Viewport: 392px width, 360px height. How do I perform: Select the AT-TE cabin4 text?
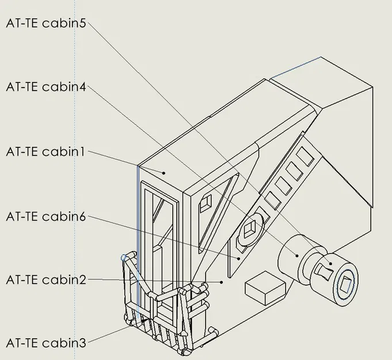[x=46, y=87]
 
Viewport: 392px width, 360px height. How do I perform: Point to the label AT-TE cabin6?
[x=46, y=217]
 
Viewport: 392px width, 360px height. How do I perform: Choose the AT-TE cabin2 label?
[x=46, y=280]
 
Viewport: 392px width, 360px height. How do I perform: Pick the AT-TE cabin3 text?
[x=46, y=343]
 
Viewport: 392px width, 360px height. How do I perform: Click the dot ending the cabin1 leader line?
[x=164, y=172]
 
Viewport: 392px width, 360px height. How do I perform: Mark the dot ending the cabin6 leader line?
[x=239, y=259]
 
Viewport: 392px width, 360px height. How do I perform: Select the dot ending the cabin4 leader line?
[x=296, y=256]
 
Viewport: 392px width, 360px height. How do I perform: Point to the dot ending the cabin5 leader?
[x=330, y=264]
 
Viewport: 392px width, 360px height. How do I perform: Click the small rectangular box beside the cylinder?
[x=265, y=290]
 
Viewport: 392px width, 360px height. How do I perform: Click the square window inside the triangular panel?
[x=205, y=202]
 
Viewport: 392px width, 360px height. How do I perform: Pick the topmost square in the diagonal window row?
[x=305, y=154]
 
